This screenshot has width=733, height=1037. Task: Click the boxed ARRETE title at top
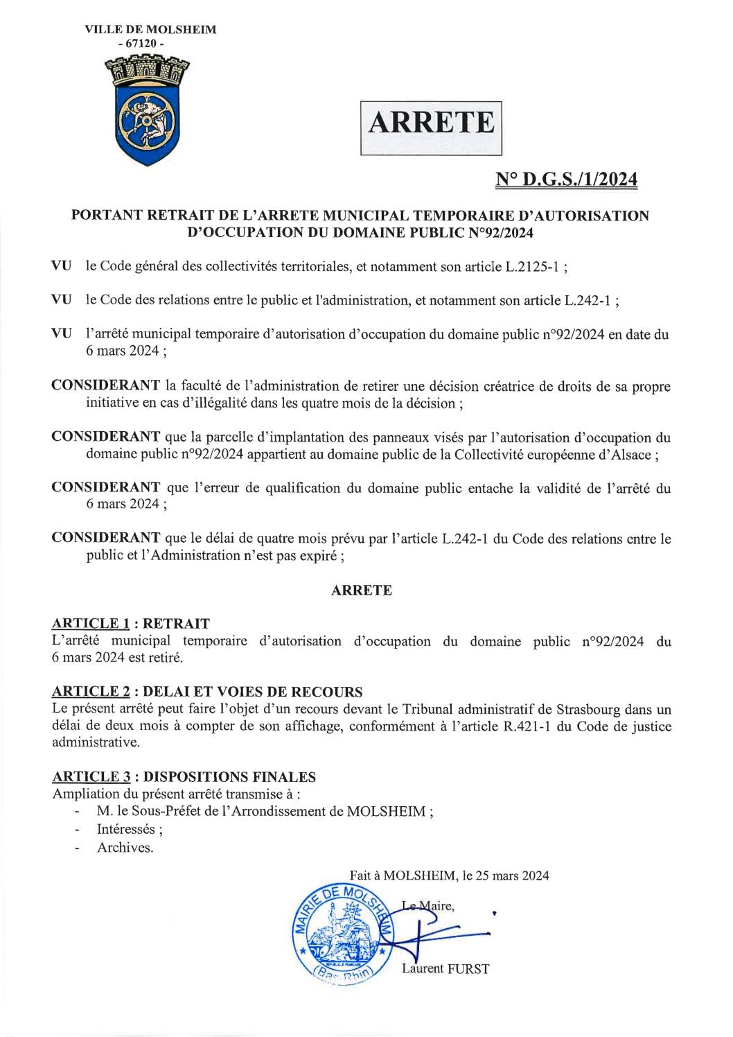(431, 123)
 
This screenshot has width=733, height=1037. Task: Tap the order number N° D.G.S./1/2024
(566, 180)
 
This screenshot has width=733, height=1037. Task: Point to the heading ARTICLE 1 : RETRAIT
(131, 624)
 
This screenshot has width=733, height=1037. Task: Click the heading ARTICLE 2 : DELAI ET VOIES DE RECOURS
(207, 692)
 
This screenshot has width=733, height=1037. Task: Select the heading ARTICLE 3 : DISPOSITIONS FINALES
(184, 777)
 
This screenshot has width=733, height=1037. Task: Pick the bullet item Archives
(125, 847)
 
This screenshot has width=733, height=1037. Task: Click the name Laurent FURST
(445, 968)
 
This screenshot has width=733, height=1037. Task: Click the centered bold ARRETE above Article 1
(362, 591)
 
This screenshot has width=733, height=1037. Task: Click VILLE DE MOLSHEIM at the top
(150, 30)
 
